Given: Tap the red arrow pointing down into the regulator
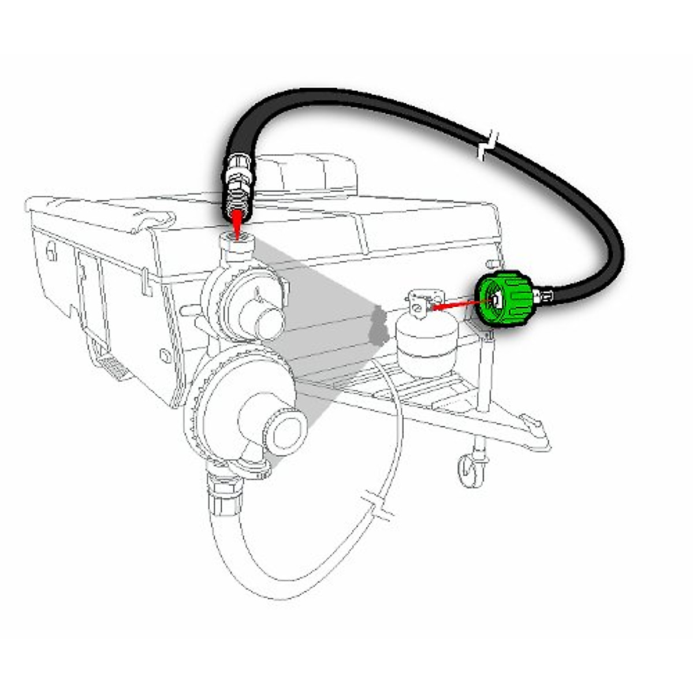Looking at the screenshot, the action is pyautogui.click(x=237, y=222).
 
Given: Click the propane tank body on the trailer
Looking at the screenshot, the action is pyautogui.click(x=426, y=346).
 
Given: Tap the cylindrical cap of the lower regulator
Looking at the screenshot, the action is pyautogui.click(x=284, y=430).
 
